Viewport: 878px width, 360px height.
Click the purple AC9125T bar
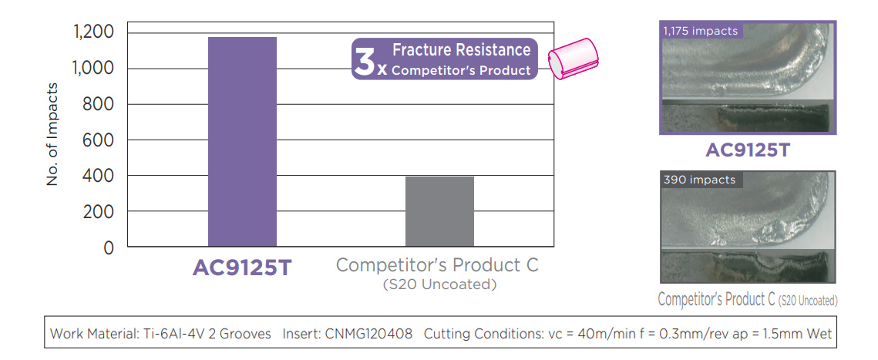coord(242,142)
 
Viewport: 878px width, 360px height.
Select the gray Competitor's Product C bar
coord(439,212)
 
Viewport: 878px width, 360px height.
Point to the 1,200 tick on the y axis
coord(93,33)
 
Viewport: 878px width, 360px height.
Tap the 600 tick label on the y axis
coord(99,140)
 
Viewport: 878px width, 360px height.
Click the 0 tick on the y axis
coord(109,247)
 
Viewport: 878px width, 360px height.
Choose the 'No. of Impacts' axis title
coord(52,134)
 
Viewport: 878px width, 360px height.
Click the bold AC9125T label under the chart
coord(242,267)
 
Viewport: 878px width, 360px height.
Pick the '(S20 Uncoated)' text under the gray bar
coord(439,284)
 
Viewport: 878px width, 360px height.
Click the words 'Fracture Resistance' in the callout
coord(462,50)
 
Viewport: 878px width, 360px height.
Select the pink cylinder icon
coord(573,58)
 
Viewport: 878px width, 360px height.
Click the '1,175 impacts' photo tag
coord(700,31)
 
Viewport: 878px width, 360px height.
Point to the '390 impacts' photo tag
coord(699,180)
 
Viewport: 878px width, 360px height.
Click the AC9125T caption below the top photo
coord(747,150)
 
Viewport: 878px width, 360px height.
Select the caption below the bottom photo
coord(748,299)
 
